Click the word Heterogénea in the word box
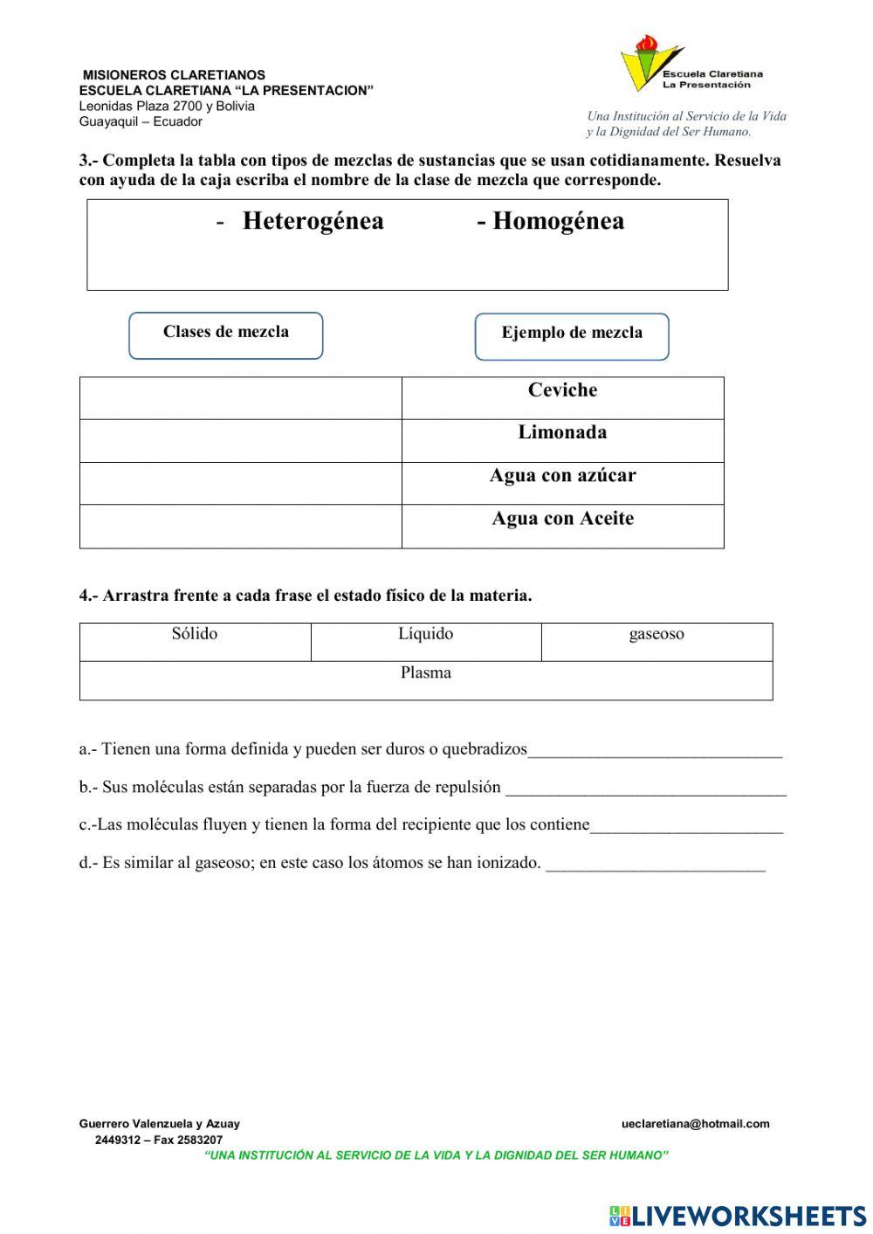click(x=313, y=221)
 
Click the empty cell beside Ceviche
click(x=240, y=398)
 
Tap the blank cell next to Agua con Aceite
click(x=240, y=526)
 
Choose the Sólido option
click(x=195, y=634)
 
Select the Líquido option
click(x=426, y=634)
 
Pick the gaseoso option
click(x=656, y=634)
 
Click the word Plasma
click(x=426, y=673)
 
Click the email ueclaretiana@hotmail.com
click(x=696, y=1124)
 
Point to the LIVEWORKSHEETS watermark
click(x=738, y=1215)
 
